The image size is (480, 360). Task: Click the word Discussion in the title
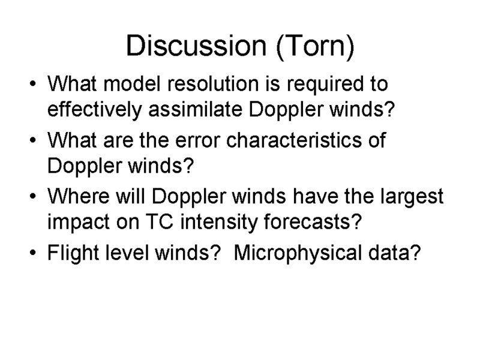tap(196, 46)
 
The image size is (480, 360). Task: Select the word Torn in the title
tap(315, 46)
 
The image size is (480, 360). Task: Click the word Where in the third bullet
tap(79, 196)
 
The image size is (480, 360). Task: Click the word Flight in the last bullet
tap(73, 254)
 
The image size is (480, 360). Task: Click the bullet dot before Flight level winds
tap(33, 253)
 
